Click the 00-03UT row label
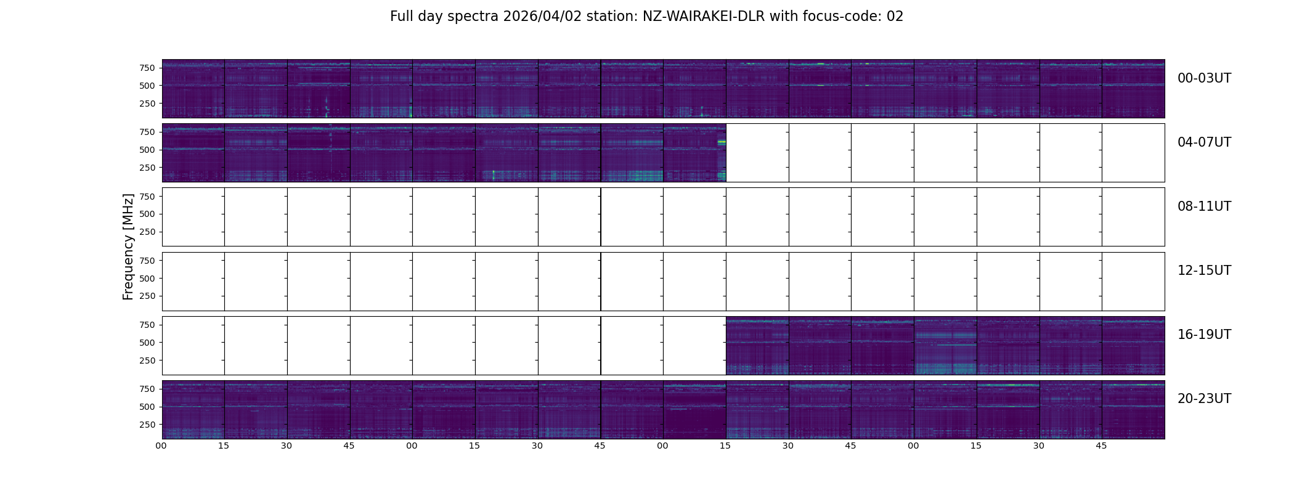coord(1204,78)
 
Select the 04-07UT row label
coord(1204,142)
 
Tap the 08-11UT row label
coord(1204,206)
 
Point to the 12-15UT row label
coord(1204,271)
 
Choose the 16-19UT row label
coord(1204,335)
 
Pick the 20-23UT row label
coord(1204,399)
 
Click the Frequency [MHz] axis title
coord(128,246)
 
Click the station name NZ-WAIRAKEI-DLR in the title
coord(704,17)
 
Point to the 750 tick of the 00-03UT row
coord(147,68)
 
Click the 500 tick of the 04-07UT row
coord(147,150)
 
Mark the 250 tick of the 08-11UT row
coord(147,232)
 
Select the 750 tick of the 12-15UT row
coord(147,261)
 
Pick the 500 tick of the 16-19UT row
coord(147,343)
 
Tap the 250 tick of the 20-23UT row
coord(147,425)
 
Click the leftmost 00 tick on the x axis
coord(161,446)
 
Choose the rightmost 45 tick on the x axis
coord(1101,446)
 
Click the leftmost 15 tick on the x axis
coord(224,446)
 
